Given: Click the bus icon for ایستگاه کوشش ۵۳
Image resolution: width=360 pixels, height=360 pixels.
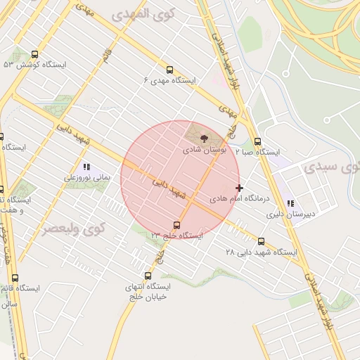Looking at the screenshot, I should (35, 54).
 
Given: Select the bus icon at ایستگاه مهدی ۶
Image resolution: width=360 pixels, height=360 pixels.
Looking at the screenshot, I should (169, 70).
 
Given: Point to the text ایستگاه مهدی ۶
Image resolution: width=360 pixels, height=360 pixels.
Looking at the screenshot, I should (169, 81).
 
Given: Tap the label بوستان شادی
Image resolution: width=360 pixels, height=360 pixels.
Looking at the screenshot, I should (204, 150).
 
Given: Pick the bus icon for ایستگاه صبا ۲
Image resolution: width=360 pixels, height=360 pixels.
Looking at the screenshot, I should (257, 141).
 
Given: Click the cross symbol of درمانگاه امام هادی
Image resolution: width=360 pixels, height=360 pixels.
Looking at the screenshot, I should (240, 188).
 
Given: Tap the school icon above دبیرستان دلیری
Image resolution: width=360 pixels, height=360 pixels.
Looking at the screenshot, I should (290, 203).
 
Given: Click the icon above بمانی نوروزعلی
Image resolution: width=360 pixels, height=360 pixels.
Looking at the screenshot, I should (87, 167).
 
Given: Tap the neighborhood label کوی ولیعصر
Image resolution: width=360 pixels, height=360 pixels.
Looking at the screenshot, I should (72, 230).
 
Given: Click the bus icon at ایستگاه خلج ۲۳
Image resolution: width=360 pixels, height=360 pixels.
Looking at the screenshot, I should (176, 226).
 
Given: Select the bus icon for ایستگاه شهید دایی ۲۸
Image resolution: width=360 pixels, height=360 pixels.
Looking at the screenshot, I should (262, 241).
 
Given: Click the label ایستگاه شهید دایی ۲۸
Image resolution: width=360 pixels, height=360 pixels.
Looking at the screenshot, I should (262, 252).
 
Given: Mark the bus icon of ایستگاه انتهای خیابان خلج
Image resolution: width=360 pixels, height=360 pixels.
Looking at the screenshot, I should (148, 276).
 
